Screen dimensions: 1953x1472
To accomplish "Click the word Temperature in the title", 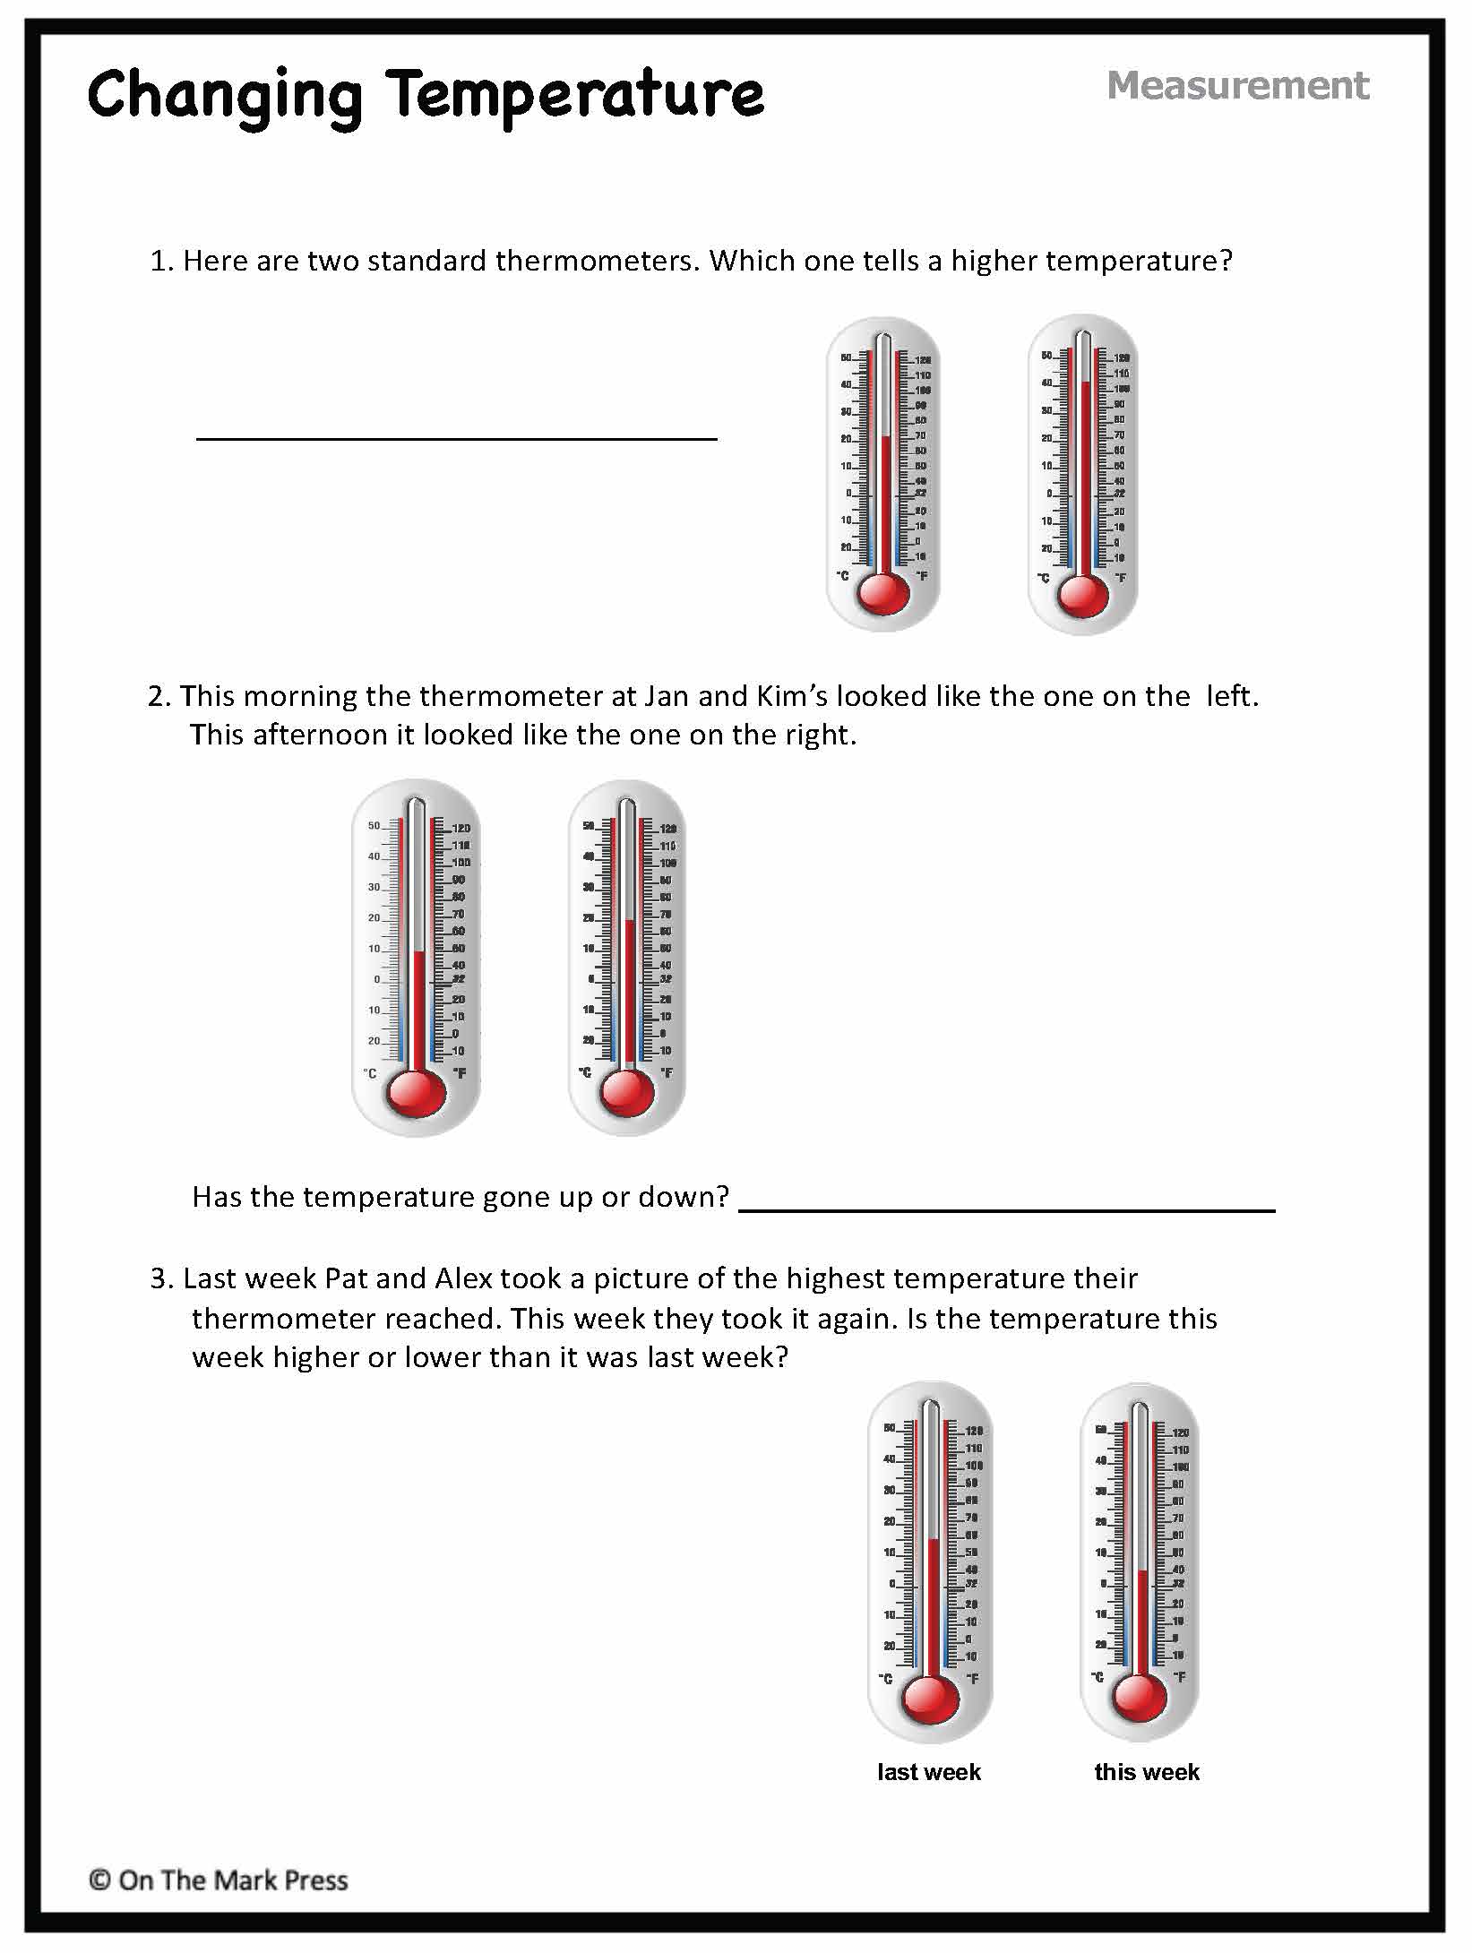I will (577, 94).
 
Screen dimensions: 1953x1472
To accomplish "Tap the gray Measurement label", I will (1237, 86).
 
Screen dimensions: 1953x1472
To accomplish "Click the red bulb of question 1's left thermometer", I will (883, 592).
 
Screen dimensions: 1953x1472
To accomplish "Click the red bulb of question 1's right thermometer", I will (1082, 594).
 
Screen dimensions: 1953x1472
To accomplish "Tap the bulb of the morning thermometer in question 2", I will (415, 1093).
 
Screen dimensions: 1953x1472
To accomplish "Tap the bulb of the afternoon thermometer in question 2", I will (626, 1092).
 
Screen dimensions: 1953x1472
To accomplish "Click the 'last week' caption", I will (929, 1771).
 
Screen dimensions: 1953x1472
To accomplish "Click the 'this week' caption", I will (1146, 1771).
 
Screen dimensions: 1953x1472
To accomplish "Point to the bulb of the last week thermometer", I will (929, 1697).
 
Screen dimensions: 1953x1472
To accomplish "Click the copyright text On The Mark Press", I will (219, 1880).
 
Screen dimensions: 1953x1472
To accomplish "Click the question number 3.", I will (159, 1278).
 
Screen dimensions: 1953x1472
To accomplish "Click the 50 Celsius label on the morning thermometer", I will (374, 826).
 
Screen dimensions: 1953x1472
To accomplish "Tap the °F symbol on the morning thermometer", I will (459, 1072).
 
